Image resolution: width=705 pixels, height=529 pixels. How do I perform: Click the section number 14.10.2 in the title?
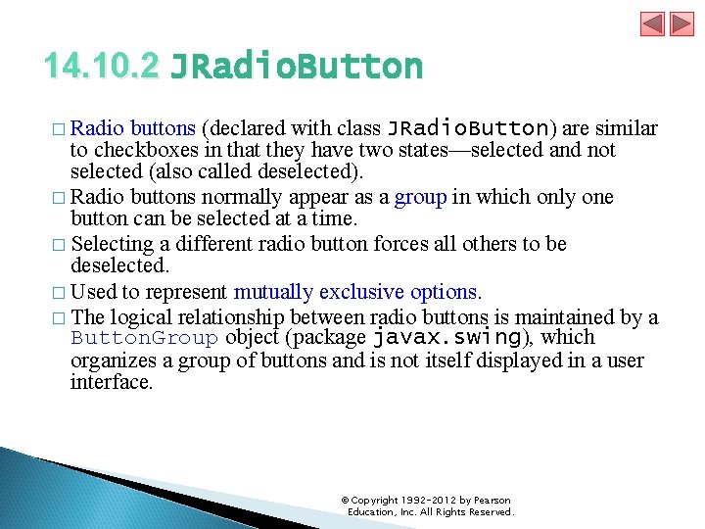point(101,67)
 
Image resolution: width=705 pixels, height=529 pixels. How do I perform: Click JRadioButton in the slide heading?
point(297,67)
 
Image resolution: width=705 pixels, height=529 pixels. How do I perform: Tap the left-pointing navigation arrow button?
point(653,24)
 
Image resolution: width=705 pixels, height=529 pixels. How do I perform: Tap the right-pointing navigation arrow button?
point(681,24)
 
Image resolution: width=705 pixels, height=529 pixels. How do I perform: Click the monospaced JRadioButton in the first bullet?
point(468,128)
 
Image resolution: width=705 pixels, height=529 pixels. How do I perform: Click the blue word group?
point(421,197)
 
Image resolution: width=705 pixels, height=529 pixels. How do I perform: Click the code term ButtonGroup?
point(144,339)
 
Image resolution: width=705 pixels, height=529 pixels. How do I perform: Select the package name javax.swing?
point(446,338)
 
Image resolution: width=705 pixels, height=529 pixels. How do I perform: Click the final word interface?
point(111,382)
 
